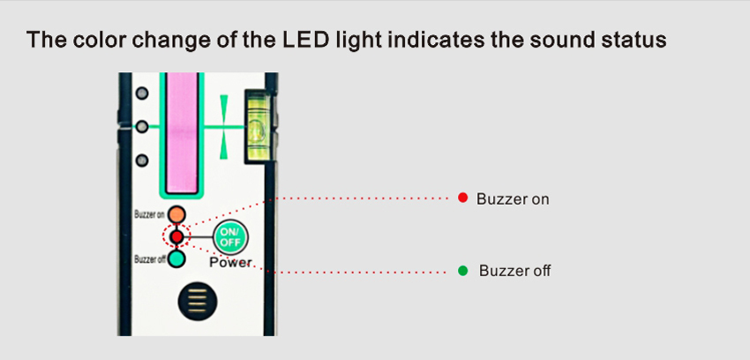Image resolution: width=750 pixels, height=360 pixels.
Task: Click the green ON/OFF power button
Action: [x=230, y=236]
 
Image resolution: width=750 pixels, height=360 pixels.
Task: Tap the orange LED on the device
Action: [x=177, y=214]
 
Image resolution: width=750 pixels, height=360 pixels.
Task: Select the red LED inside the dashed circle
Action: [x=176, y=236]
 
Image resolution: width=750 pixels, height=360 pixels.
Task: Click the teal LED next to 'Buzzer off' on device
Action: [x=176, y=259]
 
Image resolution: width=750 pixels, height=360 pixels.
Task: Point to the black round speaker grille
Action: [x=196, y=302]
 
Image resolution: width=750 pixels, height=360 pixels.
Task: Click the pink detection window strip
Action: [x=184, y=132]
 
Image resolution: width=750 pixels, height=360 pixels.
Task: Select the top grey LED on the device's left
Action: [x=141, y=93]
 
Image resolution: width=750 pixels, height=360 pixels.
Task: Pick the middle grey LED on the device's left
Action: [x=141, y=126]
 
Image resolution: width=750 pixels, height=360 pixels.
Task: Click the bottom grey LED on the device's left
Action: [x=141, y=160]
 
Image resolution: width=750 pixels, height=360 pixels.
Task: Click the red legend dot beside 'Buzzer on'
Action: [x=462, y=199]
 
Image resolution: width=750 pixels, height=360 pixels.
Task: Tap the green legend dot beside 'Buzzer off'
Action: [x=462, y=270]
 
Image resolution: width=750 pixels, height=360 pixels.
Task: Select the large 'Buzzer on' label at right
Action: [x=513, y=199]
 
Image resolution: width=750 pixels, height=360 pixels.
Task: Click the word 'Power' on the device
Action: [x=230, y=262]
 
